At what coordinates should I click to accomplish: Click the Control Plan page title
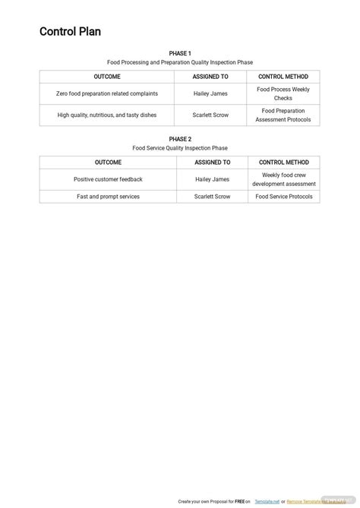pyautogui.click(x=70, y=32)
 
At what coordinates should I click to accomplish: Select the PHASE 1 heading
pyautogui.click(x=180, y=54)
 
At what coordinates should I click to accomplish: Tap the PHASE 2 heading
pyautogui.click(x=180, y=140)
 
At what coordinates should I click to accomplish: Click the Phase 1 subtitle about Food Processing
pyautogui.click(x=180, y=62)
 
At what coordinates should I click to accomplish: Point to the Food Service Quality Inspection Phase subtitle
pyautogui.click(x=180, y=148)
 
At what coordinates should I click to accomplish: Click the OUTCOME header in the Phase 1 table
pyautogui.click(x=107, y=77)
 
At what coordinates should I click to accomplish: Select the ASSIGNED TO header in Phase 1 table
pyautogui.click(x=210, y=77)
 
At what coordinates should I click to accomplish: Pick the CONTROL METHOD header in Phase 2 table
pyautogui.click(x=283, y=162)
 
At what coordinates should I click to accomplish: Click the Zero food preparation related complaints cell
pyautogui.click(x=107, y=94)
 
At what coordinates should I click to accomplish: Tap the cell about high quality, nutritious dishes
pyautogui.click(x=107, y=115)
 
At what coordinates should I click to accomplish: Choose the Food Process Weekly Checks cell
pyautogui.click(x=283, y=94)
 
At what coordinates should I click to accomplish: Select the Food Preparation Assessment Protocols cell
pyautogui.click(x=283, y=115)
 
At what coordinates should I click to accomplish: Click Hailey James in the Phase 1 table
pyautogui.click(x=210, y=94)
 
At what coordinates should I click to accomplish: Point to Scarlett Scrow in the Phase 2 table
pyautogui.click(x=212, y=197)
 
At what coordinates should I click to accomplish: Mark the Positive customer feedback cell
pyautogui.click(x=108, y=180)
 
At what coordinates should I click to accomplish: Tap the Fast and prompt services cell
pyautogui.click(x=108, y=197)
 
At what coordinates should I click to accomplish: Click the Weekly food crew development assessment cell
pyautogui.click(x=283, y=179)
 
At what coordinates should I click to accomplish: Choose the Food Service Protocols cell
pyautogui.click(x=283, y=197)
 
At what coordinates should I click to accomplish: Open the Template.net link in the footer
pyautogui.click(x=265, y=502)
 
